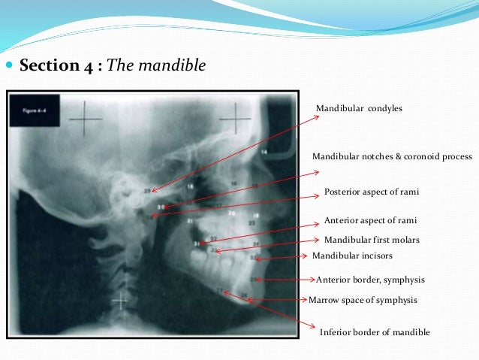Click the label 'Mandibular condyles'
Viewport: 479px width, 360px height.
pyautogui.click(x=359, y=109)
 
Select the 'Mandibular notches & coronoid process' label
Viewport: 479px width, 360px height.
pyautogui.click(x=392, y=157)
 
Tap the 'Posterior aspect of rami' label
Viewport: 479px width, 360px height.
pyautogui.click(x=371, y=192)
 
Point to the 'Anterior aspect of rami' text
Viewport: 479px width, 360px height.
pyautogui.click(x=369, y=221)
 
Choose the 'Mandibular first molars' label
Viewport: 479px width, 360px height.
pyautogui.click(x=371, y=240)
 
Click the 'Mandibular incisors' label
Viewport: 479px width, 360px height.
pyautogui.click(x=352, y=256)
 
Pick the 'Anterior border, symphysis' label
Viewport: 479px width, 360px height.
pyautogui.click(x=371, y=280)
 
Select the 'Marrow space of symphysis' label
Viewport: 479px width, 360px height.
pyautogui.click(x=363, y=299)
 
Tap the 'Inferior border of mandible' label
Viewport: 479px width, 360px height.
pyautogui.click(x=375, y=332)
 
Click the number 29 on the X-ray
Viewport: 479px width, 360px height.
pyautogui.click(x=147, y=190)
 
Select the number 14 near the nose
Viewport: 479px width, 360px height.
pyautogui.click(x=264, y=153)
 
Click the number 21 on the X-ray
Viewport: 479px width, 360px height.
pyautogui.click(x=190, y=222)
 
